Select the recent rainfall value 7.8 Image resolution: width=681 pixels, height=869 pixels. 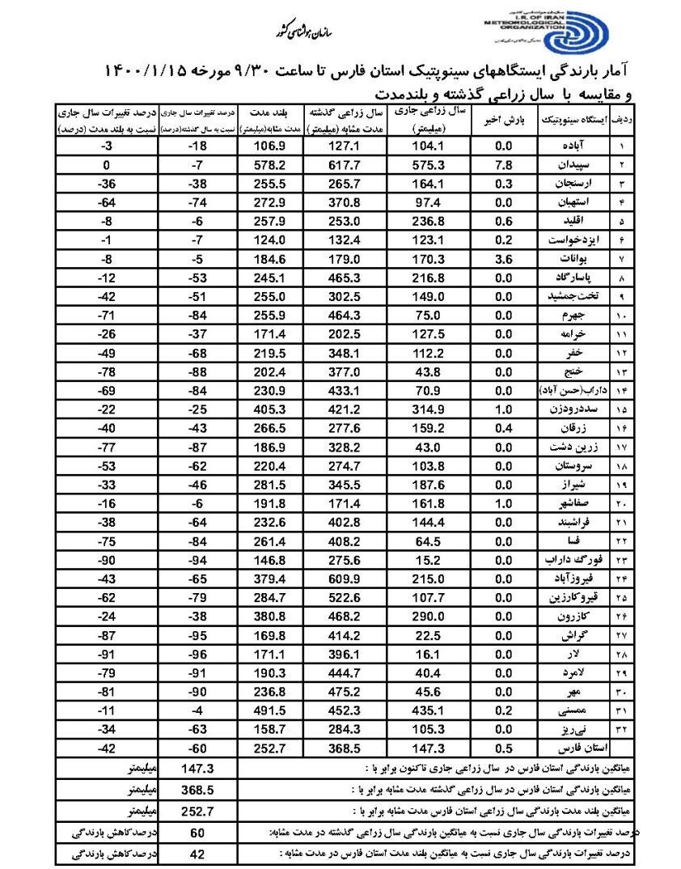(504, 165)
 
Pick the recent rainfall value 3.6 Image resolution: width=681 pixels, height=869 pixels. (504, 259)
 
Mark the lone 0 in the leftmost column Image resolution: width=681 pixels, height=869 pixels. (105, 165)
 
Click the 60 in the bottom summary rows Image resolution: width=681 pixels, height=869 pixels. (197, 833)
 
